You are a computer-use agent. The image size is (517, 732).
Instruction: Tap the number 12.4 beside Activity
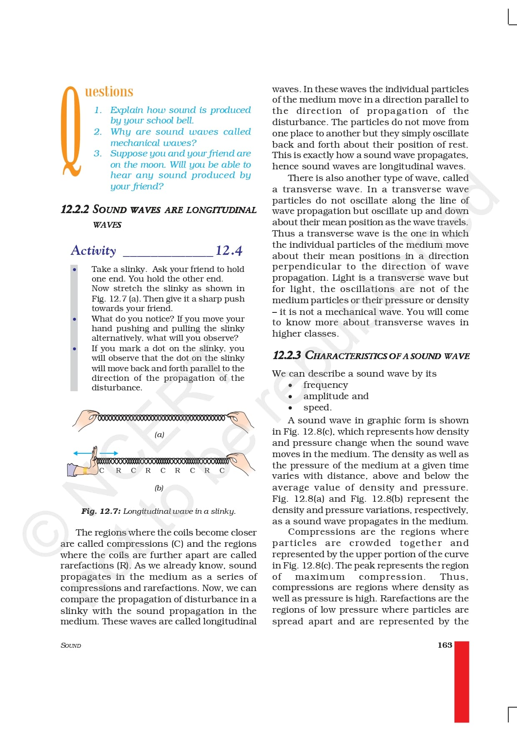coord(229,250)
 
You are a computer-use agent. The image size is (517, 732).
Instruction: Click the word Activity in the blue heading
coord(93,250)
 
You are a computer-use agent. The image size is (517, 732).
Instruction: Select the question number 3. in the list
coord(98,153)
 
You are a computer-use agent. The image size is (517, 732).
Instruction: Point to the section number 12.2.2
coord(75,209)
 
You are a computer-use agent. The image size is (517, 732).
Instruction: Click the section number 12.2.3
coord(286,356)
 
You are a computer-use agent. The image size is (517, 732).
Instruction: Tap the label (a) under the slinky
coord(159,435)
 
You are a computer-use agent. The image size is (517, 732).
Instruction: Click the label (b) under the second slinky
coord(159,488)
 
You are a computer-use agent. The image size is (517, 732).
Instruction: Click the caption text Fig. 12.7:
coord(101,511)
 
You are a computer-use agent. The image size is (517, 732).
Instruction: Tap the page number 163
coord(444,645)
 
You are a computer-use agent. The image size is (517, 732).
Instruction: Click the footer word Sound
coord(71,645)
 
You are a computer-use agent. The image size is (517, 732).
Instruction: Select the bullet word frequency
coord(326,385)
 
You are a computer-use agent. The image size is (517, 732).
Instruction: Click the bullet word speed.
coord(317,408)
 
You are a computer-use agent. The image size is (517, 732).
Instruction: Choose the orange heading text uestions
coord(109,91)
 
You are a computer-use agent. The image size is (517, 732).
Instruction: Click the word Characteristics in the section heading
coord(346,356)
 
